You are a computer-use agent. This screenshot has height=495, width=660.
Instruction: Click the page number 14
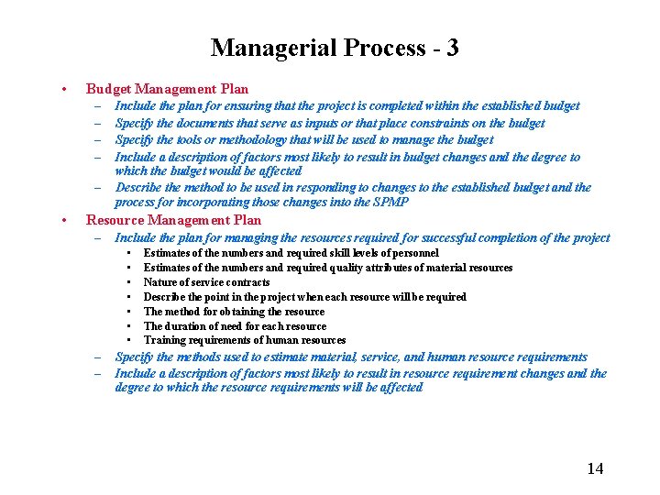tap(595, 468)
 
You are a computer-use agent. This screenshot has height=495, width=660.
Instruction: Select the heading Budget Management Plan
tap(167, 89)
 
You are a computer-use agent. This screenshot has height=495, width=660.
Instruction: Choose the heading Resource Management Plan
tap(173, 220)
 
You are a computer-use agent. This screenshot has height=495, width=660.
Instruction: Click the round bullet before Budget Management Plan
tap(60, 90)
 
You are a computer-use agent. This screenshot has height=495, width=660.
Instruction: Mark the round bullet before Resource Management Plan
tap(60, 221)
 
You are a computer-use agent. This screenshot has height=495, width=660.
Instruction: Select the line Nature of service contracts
tap(206, 282)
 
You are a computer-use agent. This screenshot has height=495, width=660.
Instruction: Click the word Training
tap(165, 341)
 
